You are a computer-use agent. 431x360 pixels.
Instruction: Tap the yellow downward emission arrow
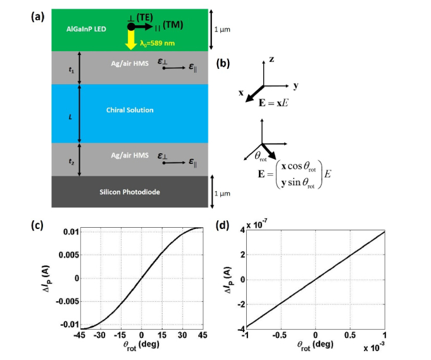coord(131,40)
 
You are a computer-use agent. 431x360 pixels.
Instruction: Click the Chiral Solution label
coord(130,111)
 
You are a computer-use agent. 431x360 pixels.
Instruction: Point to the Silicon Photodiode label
coord(130,192)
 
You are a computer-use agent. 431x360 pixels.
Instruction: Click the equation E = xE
coord(278,101)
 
